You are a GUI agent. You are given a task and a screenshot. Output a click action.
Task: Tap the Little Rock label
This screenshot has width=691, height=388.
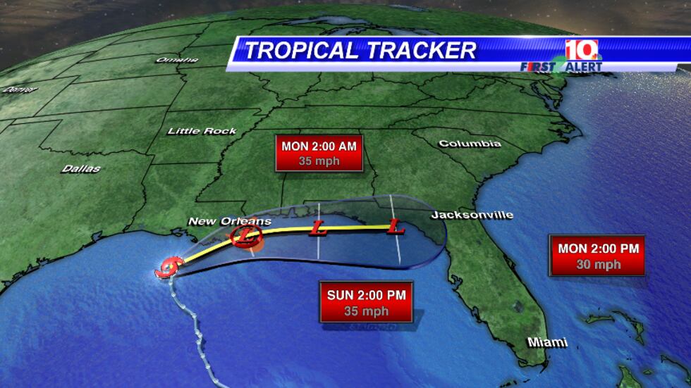(202, 131)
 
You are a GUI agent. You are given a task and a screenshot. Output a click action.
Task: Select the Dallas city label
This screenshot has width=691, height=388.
(81, 169)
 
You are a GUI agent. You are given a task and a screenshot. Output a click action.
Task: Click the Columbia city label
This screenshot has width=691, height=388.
(470, 144)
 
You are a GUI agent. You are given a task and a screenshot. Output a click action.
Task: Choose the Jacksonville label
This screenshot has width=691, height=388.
(472, 215)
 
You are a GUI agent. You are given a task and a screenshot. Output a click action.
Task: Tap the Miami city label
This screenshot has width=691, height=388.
(547, 342)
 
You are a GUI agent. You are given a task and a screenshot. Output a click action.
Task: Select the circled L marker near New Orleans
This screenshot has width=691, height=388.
(245, 236)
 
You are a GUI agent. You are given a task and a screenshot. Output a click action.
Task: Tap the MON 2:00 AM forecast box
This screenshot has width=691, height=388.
(319, 154)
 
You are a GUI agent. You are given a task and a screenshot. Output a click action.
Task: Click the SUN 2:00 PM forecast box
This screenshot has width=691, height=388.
(367, 302)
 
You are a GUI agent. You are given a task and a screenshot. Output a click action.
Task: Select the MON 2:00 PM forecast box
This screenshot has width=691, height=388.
(598, 256)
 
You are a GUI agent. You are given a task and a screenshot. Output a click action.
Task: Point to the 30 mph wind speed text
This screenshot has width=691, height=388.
(598, 265)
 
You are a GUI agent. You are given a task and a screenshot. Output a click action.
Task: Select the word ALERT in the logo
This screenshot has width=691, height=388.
(582, 66)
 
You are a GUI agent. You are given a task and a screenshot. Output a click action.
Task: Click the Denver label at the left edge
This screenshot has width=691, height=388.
(17, 90)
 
